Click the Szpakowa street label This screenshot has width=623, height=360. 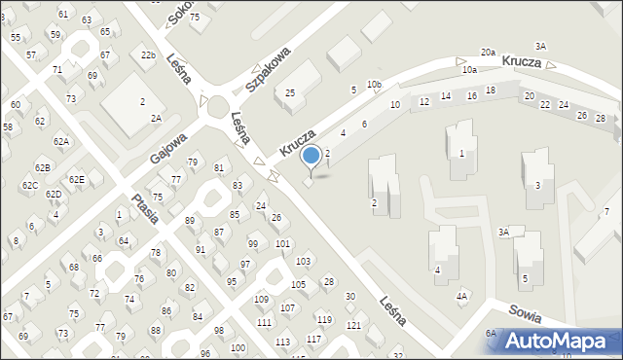coord(269,66)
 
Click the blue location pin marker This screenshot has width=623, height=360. coord(311,156)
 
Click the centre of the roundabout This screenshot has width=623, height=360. coord(216,105)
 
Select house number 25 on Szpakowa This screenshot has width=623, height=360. coord(290,92)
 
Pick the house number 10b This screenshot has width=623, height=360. coord(374,86)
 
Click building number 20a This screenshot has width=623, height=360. coord(488,53)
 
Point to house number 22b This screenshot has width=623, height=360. coord(148,55)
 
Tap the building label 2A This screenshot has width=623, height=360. coord(155,118)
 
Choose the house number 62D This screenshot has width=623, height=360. coord(54,194)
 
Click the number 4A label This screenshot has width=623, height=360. coord(462,296)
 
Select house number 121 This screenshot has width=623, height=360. coord(354,325)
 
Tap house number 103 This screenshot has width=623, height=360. coord(304,262)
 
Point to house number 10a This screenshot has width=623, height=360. coord(469,70)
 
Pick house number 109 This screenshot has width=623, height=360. coord(262,299)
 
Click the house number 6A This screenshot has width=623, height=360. coord(492,333)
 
